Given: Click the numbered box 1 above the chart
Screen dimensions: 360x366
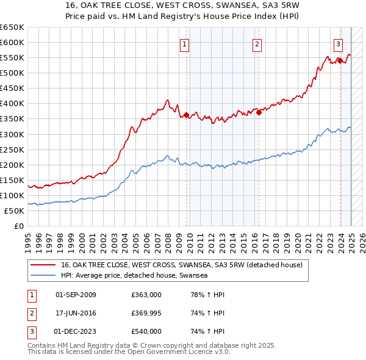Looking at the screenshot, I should pyautogui.click(x=184, y=43).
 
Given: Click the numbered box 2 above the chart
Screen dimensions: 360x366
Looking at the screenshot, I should pyautogui.click(x=257, y=43).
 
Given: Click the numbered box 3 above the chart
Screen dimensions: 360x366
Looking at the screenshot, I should pyautogui.click(x=337, y=43).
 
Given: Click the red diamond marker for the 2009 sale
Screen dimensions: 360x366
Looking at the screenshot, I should pyautogui.click(x=186, y=114).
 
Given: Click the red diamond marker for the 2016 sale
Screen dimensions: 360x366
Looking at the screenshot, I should pyautogui.click(x=259, y=112).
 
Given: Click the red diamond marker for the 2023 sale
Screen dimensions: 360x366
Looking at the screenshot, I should pyautogui.click(x=339, y=60).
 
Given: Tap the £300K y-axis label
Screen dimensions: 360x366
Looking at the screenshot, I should pyautogui.click(x=12, y=134).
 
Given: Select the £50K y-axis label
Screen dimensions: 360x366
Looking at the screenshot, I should pyautogui.click(x=15, y=211).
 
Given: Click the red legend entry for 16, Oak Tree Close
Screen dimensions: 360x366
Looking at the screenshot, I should pyautogui.click(x=177, y=265).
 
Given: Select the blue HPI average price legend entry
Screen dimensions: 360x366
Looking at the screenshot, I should pyautogui.click(x=134, y=276).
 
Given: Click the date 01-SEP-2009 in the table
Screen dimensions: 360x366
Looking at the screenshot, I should pyautogui.click(x=76, y=295).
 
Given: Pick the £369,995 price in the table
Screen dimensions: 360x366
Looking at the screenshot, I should pyautogui.click(x=146, y=314).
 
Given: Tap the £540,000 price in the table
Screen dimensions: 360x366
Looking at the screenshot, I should pyautogui.click(x=146, y=332).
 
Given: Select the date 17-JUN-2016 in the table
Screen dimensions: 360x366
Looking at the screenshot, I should pyautogui.click(x=76, y=314).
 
